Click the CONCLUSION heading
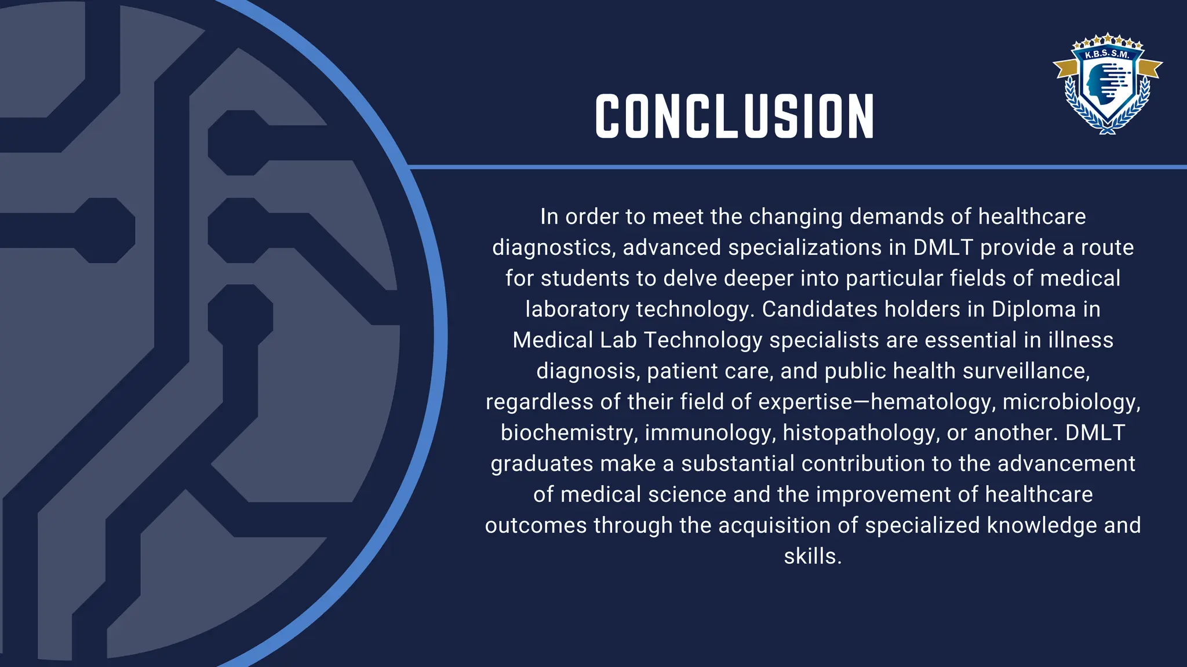pyautogui.click(x=734, y=116)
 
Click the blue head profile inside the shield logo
pyautogui.click(x=1097, y=82)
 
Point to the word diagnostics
pyautogui.click(x=554, y=248)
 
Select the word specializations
pyautogui.click(x=804, y=248)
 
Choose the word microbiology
pyautogui.click(x=1071, y=402)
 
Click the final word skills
pyautogui.click(x=812, y=556)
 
